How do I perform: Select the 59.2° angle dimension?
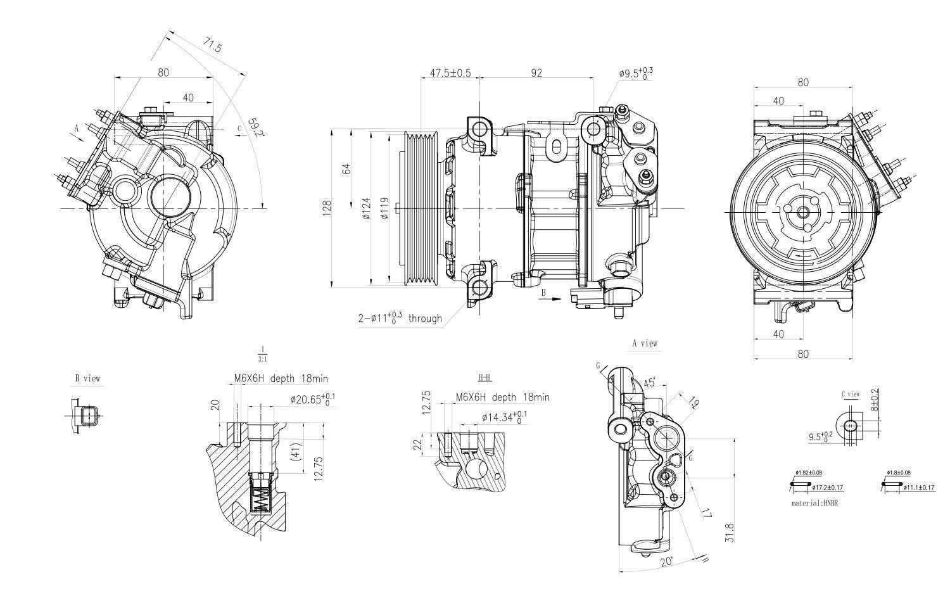[x=255, y=127]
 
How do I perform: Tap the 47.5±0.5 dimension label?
[x=450, y=73]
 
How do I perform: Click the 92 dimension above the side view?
[x=536, y=73]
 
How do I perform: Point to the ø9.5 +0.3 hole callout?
[x=635, y=73]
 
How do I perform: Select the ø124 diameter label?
[x=366, y=208]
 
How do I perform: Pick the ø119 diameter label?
[x=384, y=208]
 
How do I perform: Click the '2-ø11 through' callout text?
[x=400, y=318]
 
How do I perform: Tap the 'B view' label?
[x=87, y=379]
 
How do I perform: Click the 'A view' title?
[x=645, y=343]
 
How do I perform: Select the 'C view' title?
[x=850, y=394]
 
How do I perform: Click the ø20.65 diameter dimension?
[x=313, y=399]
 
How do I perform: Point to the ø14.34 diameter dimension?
[x=504, y=417]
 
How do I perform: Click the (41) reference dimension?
[x=294, y=452]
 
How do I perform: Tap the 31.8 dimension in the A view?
[x=730, y=533]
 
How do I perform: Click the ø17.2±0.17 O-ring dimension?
[x=826, y=488]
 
